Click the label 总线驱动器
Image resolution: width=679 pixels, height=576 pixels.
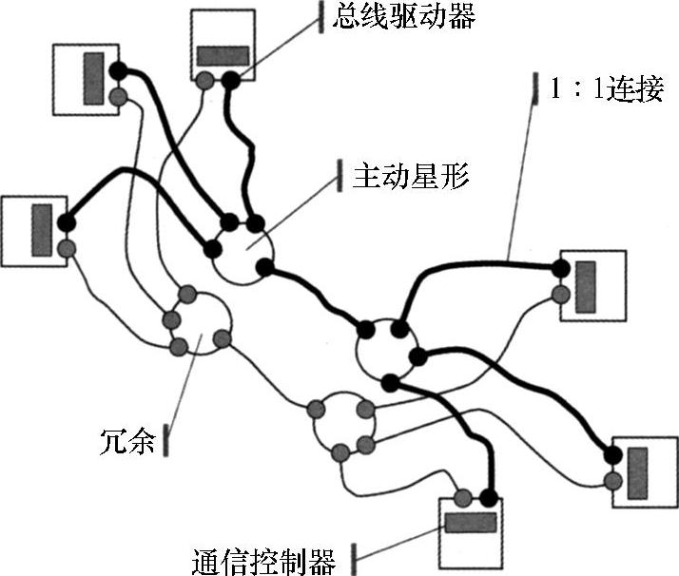click(x=404, y=16)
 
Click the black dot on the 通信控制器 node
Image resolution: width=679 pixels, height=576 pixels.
click(x=489, y=497)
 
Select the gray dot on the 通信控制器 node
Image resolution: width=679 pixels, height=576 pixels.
click(x=463, y=497)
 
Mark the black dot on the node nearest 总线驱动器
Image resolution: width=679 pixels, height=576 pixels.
click(x=231, y=82)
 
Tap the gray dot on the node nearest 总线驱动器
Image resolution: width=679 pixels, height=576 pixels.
click(x=205, y=82)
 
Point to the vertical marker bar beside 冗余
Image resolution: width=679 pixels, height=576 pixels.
click(x=167, y=441)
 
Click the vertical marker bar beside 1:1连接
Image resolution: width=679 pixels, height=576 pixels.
click(x=533, y=92)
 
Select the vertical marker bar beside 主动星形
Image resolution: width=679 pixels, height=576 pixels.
click(x=339, y=177)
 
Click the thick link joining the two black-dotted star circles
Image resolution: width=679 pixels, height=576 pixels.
click(x=320, y=296)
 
